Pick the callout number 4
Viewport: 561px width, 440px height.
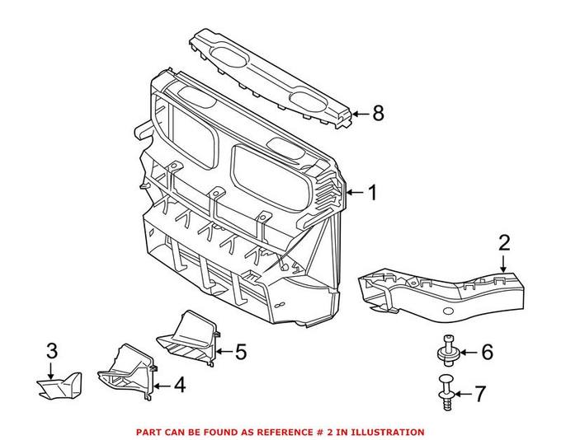pyautogui.click(x=179, y=384)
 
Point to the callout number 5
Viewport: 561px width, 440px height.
pyautogui.click(x=240, y=353)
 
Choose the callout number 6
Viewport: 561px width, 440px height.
pyautogui.click(x=487, y=353)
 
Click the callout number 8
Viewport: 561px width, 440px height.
pyautogui.click(x=378, y=114)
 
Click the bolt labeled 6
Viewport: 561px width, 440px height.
pyautogui.click(x=448, y=351)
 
